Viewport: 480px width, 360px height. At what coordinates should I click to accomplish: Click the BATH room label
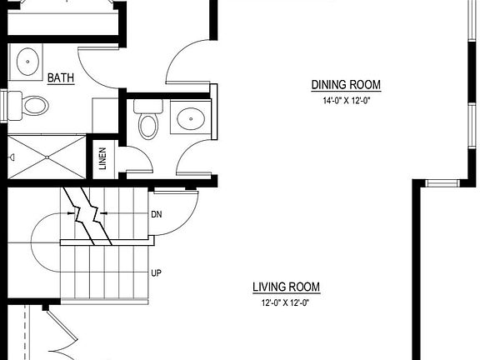(60, 78)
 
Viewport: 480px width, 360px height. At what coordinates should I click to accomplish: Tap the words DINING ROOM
(346, 85)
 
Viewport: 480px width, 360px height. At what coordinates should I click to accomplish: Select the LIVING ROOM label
(286, 287)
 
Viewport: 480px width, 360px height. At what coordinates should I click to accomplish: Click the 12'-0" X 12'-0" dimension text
(286, 303)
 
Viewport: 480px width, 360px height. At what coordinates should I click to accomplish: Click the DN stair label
(156, 214)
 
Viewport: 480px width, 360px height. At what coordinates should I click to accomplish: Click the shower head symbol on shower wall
(11, 157)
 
